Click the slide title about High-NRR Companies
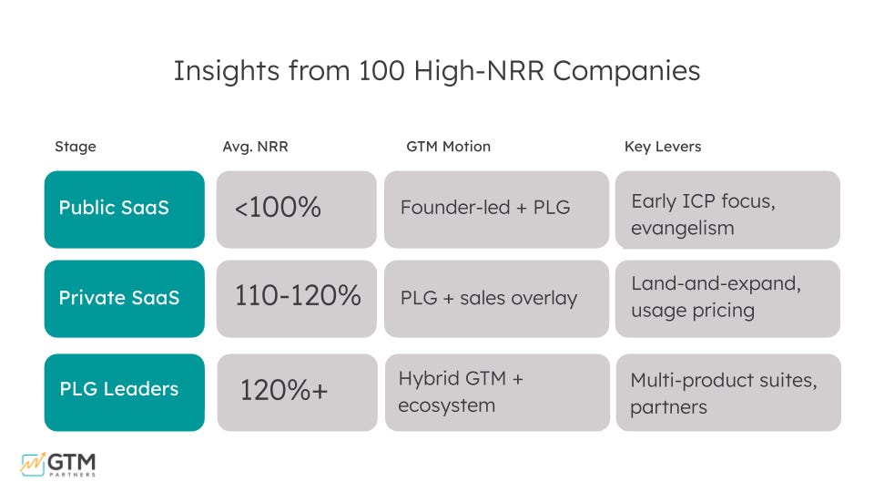(437, 71)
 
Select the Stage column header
(75, 147)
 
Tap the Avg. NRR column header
(255, 147)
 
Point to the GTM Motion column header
(448, 147)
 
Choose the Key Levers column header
(663, 147)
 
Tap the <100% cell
(296, 209)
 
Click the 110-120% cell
(296, 298)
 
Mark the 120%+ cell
(296, 391)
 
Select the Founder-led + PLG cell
(496, 209)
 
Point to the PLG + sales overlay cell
(496, 299)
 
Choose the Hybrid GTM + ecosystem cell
(496, 392)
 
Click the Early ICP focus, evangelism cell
(727, 210)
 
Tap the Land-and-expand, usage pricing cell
(727, 298)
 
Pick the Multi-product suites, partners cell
(727, 392)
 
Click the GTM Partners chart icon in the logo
(34, 463)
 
